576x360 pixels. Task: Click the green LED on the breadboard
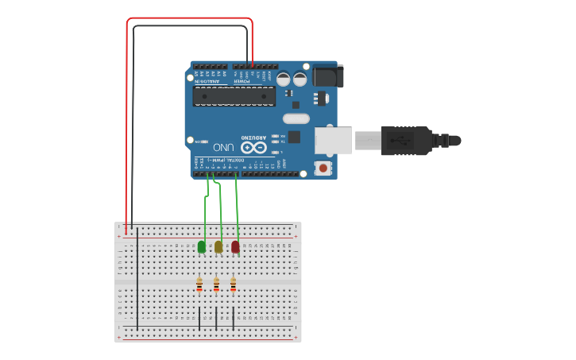(202, 246)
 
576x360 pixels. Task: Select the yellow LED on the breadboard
(218, 246)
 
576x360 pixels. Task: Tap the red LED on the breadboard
(235, 246)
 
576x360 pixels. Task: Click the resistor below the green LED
(199, 284)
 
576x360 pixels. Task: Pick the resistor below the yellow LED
(216, 284)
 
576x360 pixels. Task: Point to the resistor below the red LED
(233, 284)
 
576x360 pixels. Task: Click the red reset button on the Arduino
(323, 168)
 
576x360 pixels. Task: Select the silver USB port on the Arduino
(333, 141)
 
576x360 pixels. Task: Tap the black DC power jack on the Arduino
(327, 75)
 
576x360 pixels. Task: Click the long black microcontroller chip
(234, 96)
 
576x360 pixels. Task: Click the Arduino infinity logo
(254, 148)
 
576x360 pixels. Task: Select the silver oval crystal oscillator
(296, 119)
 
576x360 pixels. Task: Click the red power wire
(126, 119)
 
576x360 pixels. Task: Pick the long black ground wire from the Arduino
(133, 119)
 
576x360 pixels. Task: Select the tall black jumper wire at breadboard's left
(137, 278)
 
